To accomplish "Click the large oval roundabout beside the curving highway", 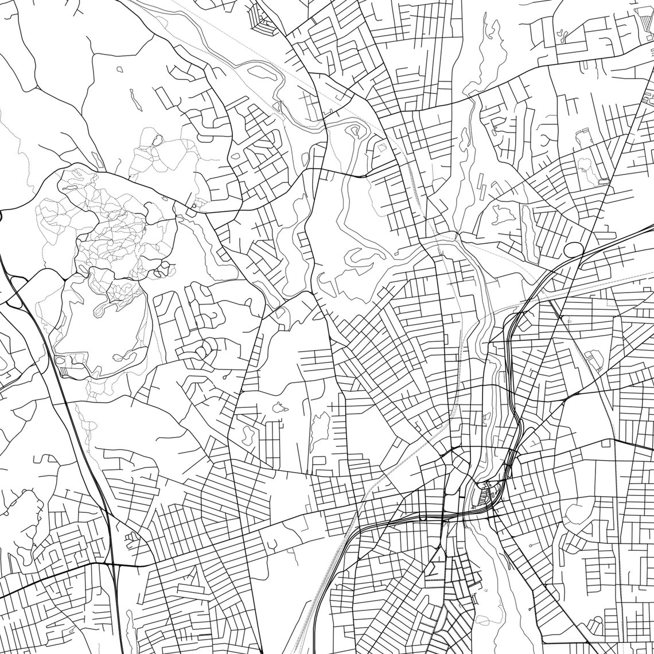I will [573, 250].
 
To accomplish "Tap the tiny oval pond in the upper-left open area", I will [119, 69].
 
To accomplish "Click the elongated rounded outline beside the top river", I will [261, 73].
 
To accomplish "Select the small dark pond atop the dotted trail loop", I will [157, 139].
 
